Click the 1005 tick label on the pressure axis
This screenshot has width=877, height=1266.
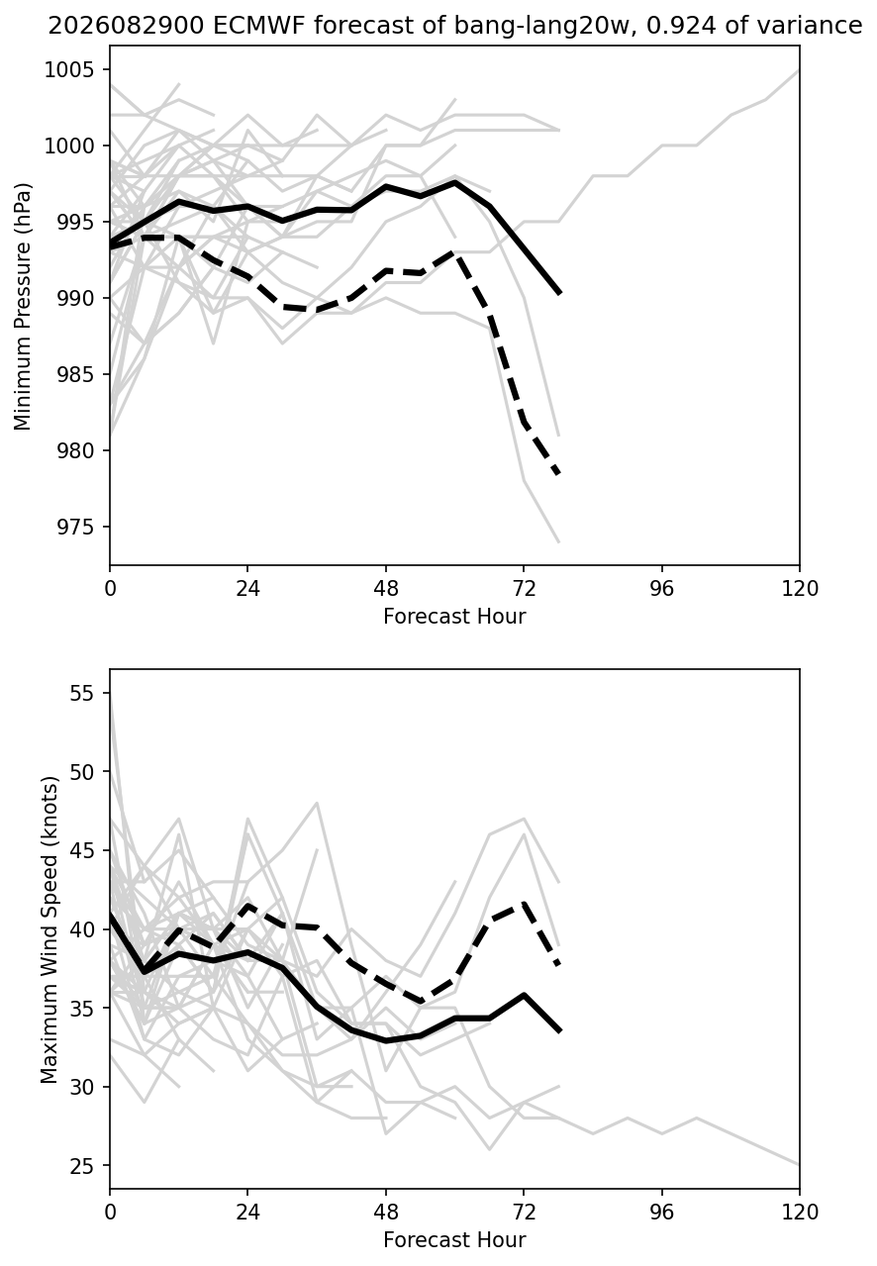(x=69, y=69)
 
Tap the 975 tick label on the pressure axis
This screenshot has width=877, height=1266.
(x=75, y=527)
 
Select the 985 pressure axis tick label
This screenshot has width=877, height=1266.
(x=75, y=374)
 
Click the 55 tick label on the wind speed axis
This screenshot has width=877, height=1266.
(x=81, y=693)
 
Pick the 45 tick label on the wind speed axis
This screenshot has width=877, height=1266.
(x=81, y=850)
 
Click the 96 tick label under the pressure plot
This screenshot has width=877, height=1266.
(x=661, y=589)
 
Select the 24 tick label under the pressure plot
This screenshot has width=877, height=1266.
(x=247, y=589)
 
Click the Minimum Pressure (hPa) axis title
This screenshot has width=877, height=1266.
(x=23, y=306)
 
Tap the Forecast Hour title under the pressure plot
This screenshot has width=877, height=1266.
(x=454, y=616)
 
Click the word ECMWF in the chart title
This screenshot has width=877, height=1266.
(x=260, y=26)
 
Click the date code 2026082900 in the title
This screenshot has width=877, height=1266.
(x=126, y=26)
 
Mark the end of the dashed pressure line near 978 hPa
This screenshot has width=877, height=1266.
(x=559, y=473)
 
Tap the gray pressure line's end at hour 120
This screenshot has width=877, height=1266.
(x=799, y=70)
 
